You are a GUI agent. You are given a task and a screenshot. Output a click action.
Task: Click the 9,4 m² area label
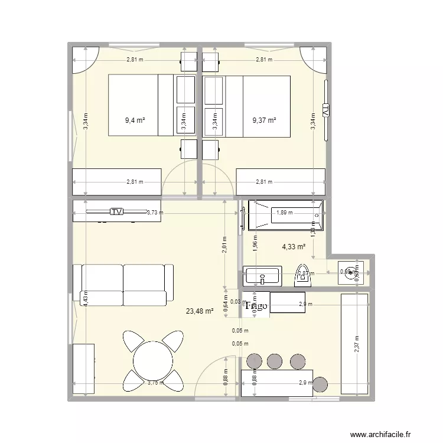[x=135, y=120]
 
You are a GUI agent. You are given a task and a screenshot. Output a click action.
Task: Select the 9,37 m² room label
[x=264, y=120]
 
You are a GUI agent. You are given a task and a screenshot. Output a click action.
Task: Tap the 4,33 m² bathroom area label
[x=293, y=247]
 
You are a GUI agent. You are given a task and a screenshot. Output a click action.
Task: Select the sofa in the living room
[x=123, y=284]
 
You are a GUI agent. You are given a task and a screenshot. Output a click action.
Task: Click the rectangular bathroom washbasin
[x=263, y=276]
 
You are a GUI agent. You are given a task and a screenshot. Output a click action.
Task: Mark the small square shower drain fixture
[x=352, y=272]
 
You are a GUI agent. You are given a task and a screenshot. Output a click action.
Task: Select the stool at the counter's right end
[x=320, y=383]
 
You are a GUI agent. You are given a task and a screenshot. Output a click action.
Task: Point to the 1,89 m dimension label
[x=284, y=213]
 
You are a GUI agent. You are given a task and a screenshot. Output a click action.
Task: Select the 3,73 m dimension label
[x=155, y=213]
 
